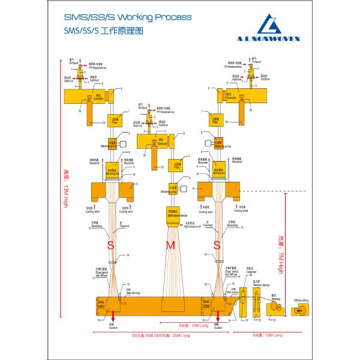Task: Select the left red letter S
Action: [110, 245]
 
